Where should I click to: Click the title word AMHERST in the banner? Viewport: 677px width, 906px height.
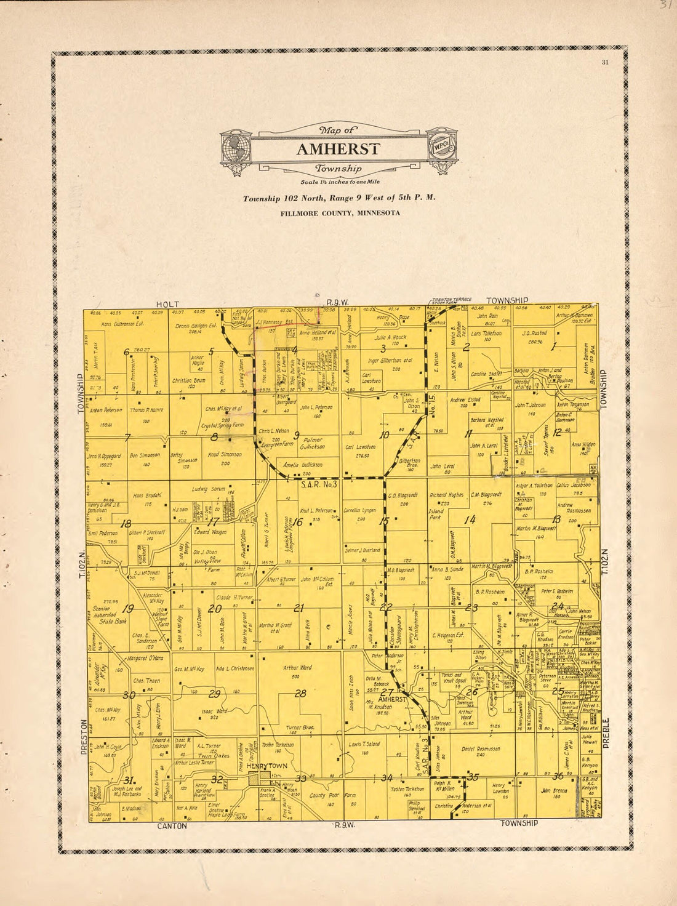pos(338,150)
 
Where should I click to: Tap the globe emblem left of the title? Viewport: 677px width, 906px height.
pos(236,148)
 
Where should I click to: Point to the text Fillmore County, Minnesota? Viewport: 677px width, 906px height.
pos(340,213)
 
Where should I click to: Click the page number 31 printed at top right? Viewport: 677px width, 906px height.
pos(605,61)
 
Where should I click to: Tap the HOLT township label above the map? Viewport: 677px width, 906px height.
pos(167,304)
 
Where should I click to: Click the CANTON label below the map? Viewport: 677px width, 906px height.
pos(172,826)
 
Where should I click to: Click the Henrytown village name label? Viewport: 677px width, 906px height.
pos(263,766)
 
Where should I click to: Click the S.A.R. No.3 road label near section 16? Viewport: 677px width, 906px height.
pos(319,484)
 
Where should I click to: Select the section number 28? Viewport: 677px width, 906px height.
pos(300,694)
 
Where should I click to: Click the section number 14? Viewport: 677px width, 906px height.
pos(470,520)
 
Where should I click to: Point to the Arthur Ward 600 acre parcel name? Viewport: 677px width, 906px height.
pos(298,668)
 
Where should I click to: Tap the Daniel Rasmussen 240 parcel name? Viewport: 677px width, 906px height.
pos(480,748)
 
